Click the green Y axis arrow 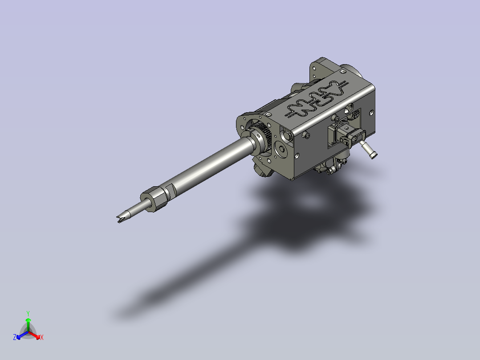[x=28, y=320]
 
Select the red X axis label [x=42, y=337]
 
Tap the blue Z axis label [x=15, y=337]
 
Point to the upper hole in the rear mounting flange [x=315, y=69]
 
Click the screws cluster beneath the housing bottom [x=332, y=168]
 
